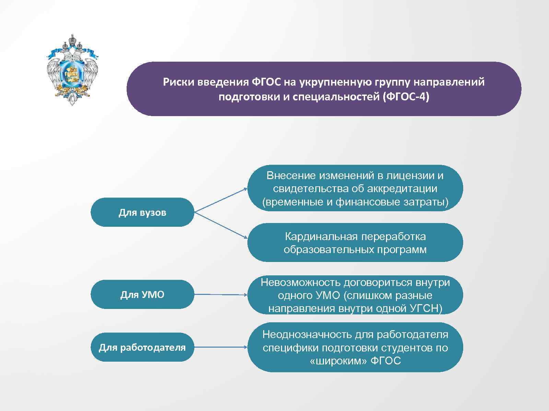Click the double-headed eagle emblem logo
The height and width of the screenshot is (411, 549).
click(x=72, y=70)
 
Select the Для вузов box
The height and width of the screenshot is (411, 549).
click(x=142, y=212)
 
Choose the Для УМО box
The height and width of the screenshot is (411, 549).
click(x=142, y=295)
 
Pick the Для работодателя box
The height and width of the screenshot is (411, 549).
click(x=142, y=348)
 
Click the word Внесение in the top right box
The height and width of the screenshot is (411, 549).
click(x=291, y=176)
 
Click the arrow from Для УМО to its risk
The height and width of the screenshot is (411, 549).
click(x=220, y=295)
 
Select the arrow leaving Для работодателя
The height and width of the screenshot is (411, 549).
click(x=220, y=347)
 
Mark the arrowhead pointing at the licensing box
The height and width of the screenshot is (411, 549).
click(x=245, y=189)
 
